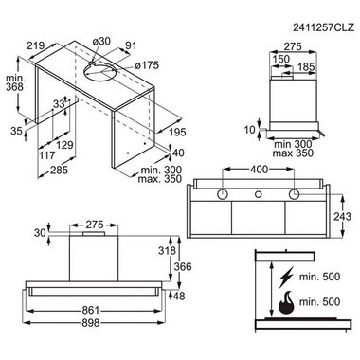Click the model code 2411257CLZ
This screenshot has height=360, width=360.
323,27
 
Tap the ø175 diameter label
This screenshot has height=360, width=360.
147,65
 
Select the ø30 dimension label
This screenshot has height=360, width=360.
101,41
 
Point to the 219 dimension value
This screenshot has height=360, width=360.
35,46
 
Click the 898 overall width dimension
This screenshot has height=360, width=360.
91,323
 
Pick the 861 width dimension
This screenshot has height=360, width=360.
91,311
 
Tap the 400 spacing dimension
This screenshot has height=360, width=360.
259,170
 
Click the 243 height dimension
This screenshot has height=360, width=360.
342,217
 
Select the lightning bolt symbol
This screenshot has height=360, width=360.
286,277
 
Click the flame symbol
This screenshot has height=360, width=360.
286,302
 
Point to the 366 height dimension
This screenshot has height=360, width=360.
183,267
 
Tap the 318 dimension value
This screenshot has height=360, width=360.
167,251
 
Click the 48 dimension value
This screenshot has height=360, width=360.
179,297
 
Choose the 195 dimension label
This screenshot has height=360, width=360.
177,132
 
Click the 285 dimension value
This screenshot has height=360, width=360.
59,171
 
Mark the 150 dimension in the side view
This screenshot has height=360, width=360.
281,59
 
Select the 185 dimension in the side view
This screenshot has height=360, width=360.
306,67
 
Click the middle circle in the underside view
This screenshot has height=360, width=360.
259,193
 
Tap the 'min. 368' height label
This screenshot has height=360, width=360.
14,82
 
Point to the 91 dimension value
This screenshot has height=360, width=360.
131,45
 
